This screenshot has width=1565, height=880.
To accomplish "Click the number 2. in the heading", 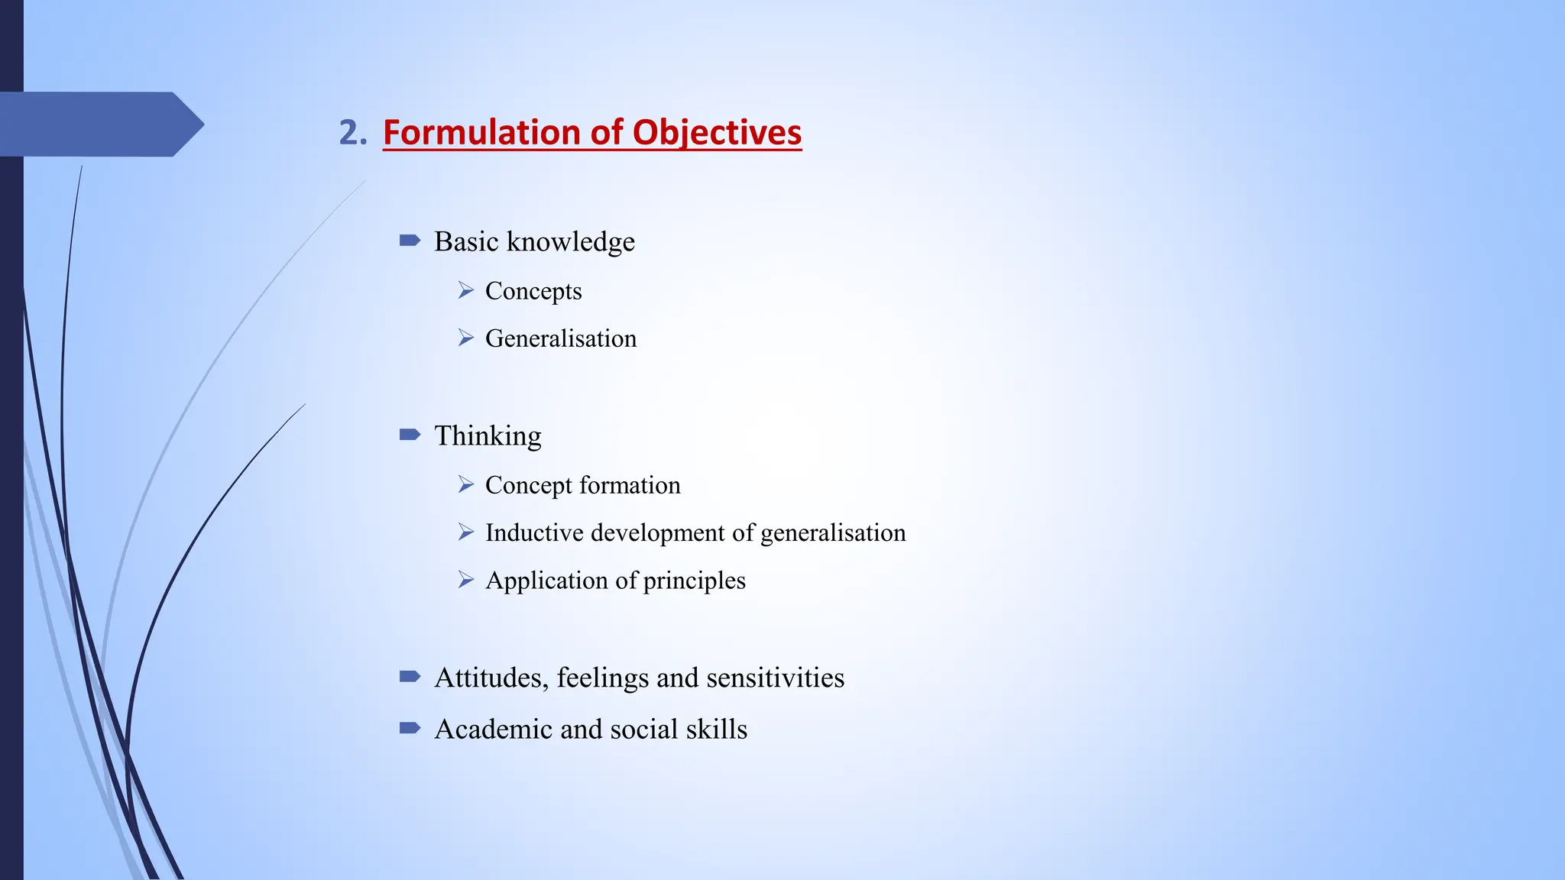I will point(352,133).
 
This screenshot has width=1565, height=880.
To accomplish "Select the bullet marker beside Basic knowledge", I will point(410,241).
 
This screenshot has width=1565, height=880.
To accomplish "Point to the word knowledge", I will point(571,241).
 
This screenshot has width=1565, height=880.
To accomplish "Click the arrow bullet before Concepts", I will point(466,290).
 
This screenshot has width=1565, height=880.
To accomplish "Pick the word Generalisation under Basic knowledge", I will point(561,338).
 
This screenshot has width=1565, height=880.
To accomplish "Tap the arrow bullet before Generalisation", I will point(466,338).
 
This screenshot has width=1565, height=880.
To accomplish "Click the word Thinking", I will point(488,435).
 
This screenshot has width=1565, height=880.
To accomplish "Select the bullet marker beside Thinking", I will point(410,435).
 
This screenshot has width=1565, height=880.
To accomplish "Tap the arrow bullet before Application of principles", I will point(466,581).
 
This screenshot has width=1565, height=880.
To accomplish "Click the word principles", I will point(695,581).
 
